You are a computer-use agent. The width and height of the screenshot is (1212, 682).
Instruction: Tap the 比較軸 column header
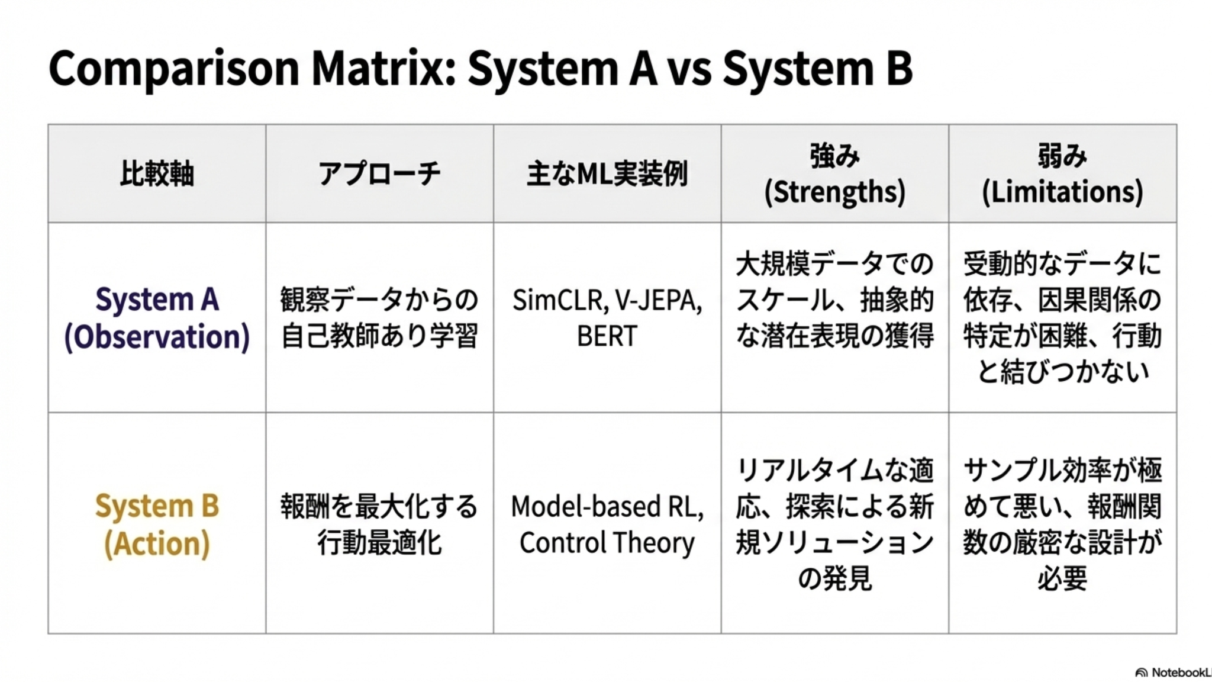tap(157, 174)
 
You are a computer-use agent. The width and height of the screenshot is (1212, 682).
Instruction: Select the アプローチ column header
tap(379, 174)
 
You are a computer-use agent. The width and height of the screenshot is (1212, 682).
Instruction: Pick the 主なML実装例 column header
tap(607, 174)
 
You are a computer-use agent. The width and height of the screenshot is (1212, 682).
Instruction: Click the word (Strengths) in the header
tap(834, 192)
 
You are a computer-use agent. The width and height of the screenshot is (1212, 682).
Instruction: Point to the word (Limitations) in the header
tap(1062, 192)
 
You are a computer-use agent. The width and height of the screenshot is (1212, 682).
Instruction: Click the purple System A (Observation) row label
tap(157, 319)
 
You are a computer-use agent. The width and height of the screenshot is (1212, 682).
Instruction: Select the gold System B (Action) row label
tap(157, 525)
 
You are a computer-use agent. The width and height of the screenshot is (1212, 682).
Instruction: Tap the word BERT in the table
tap(607, 336)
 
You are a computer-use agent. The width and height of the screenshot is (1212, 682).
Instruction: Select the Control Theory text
tap(607, 543)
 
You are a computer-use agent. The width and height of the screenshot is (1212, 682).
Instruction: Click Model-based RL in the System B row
tap(607, 507)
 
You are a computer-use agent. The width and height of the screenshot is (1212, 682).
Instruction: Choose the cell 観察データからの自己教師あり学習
tap(379, 318)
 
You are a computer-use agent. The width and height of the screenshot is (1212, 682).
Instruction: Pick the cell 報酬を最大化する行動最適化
tap(379, 525)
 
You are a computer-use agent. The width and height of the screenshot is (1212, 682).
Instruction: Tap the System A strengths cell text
tap(834, 300)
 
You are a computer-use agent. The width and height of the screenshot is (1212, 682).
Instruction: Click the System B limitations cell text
tap(1062, 525)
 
